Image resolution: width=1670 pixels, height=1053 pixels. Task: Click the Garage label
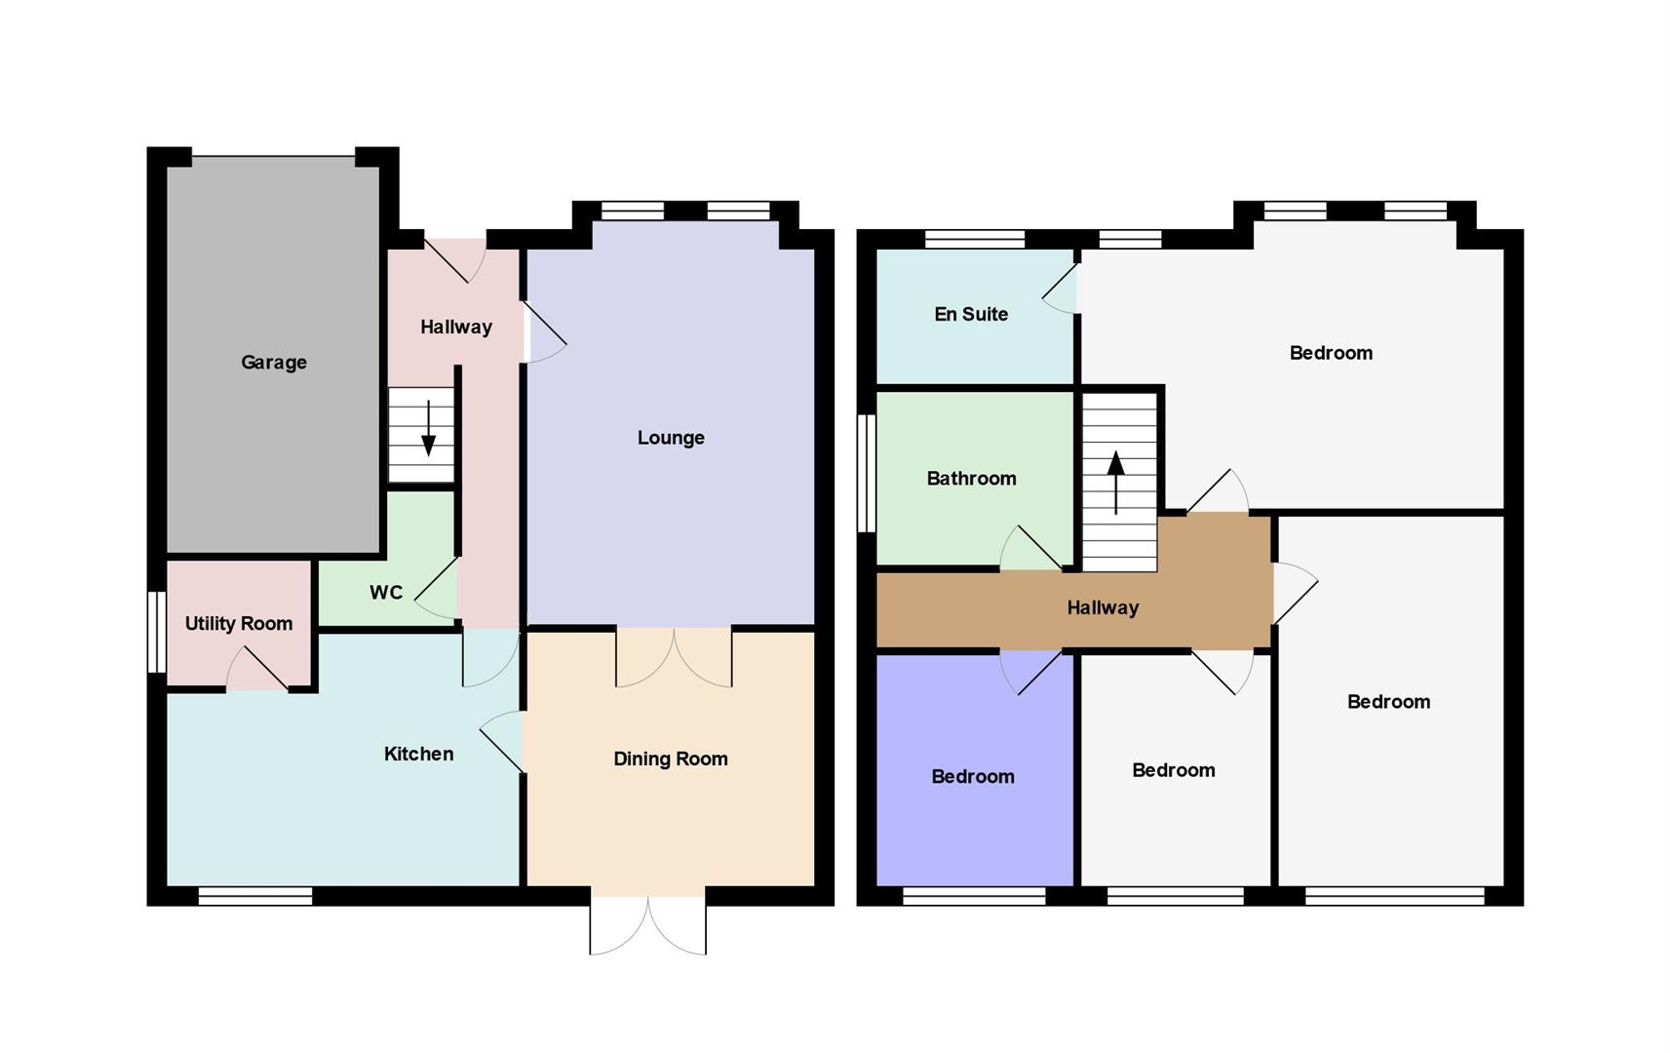pyautogui.click(x=274, y=363)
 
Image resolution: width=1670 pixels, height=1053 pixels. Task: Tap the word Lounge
pyautogui.click(x=670, y=438)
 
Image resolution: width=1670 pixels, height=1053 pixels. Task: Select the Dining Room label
pyautogui.click(x=670, y=760)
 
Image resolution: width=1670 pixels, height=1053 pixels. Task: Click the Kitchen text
pyautogui.click(x=418, y=754)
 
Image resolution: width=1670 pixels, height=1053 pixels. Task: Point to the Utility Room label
pyautogui.click(x=239, y=623)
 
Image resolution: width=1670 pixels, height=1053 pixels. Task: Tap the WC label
pyautogui.click(x=386, y=593)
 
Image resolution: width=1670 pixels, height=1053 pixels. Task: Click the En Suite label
pyautogui.click(x=971, y=314)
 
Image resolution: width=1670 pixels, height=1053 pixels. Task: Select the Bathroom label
pyautogui.click(x=971, y=478)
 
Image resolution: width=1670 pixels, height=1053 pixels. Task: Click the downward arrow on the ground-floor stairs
pyautogui.click(x=429, y=428)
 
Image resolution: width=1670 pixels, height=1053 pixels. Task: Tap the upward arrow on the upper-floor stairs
pyautogui.click(x=1115, y=483)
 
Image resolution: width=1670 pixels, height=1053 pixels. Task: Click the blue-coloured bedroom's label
pyautogui.click(x=973, y=777)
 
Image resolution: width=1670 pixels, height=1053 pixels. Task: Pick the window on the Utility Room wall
pyautogui.click(x=157, y=633)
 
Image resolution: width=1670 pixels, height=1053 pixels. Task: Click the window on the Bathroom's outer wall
pyautogui.click(x=867, y=474)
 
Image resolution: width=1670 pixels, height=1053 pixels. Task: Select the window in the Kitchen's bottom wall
pyautogui.click(x=255, y=896)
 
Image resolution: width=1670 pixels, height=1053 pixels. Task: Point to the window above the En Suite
pyautogui.click(x=975, y=240)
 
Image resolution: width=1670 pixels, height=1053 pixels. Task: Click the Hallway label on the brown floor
pyautogui.click(x=1103, y=607)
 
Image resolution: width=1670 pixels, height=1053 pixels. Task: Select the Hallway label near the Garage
pyautogui.click(x=456, y=328)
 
